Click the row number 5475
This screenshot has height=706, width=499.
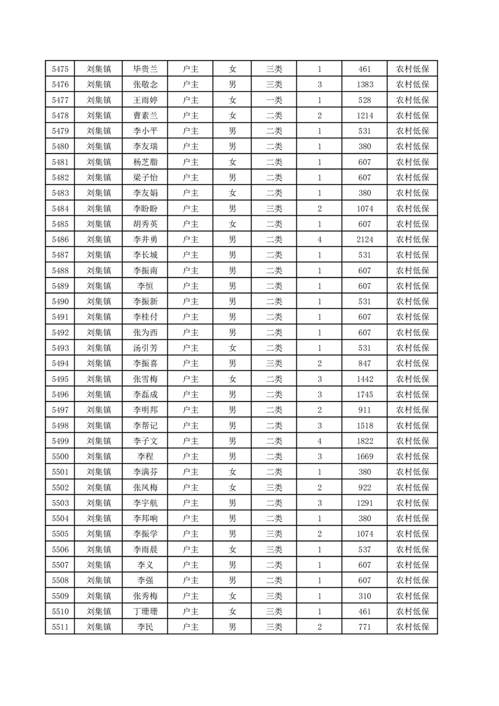tap(60, 69)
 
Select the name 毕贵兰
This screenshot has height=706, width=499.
tap(145, 69)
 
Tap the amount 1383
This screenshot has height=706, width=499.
tap(364, 85)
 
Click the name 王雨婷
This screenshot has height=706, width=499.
tap(145, 100)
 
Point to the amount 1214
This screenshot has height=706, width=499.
tap(364, 116)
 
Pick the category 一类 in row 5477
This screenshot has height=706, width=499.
tap(274, 100)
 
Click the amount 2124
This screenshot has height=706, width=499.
tap(364, 240)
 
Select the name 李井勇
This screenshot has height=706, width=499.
tap(145, 240)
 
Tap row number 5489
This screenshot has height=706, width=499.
tap(60, 286)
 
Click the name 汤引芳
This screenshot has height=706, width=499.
tap(145, 348)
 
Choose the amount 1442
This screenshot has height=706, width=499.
tap(364, 379)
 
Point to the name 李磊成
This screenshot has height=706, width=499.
tap(145, 395)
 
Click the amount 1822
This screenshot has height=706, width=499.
tap(364, 441)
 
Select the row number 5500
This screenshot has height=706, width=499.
tap(60, 456)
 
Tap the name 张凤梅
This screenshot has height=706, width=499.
tap(145, 488)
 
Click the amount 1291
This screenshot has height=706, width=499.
tap(364, 503)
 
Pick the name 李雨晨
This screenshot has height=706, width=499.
tap(145, 549)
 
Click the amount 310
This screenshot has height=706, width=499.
tap(364, 596)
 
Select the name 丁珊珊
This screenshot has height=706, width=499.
tap(145, 611)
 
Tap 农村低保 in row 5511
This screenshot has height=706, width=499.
tap(412, 627)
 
